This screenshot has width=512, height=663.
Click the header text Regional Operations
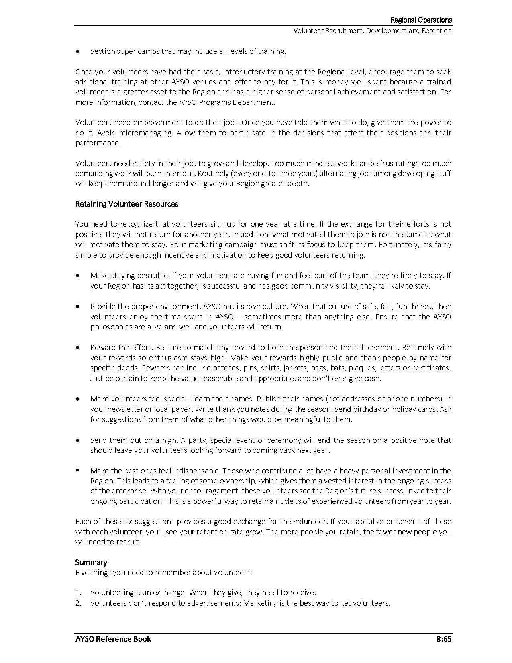click(421, 20)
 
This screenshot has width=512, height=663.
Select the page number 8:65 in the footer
click(444, 639)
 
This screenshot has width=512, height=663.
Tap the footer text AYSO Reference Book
click(113, 639)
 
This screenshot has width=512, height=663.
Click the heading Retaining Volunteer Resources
click(126, 204)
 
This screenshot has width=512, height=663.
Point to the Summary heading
click(91, 562)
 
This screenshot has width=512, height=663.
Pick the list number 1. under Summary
click(78, 593)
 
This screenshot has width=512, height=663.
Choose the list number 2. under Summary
click(78, 603)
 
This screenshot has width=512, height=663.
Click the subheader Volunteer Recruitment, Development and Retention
click(372, 31)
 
